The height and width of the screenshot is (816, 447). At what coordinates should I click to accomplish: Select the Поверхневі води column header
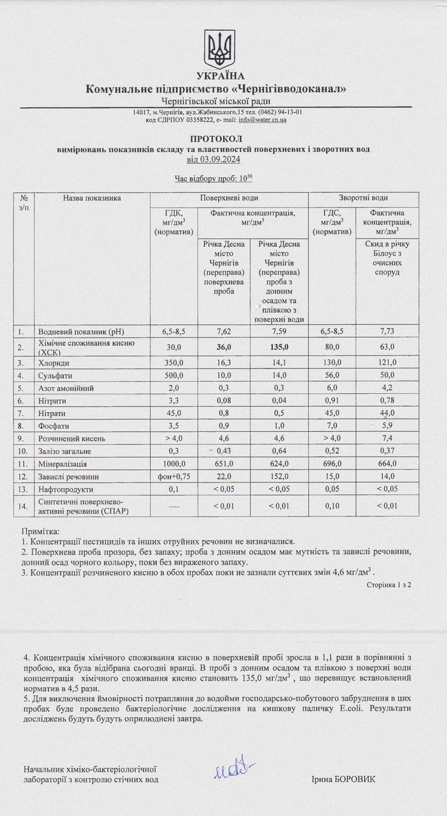pyautogui.click(x=229, y=198)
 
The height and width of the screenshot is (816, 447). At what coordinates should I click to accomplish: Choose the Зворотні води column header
pyautogui.click(x=363, y=198)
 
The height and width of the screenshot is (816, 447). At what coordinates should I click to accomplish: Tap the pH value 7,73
pyautogui.click(x=387, y=331)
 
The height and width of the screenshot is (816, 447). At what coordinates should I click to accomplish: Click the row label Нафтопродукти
pyautogui.click(x=65, y=489)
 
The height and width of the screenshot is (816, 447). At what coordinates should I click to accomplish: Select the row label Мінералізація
pyautogui.click(x=63, y=463)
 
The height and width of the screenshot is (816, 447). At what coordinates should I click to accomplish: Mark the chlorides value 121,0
pyautogui.click(x=387, y=362)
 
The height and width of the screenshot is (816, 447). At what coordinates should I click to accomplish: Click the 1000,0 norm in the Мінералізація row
pyautogui.click(x=174, y=463)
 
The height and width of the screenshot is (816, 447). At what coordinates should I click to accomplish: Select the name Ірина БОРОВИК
pyautogui.click(x=343, y=779)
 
